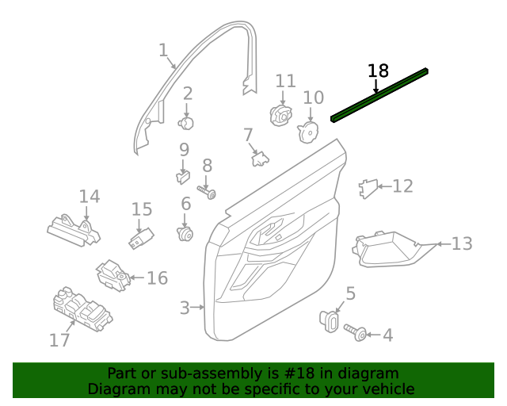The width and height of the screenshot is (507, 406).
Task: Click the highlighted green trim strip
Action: (x=379, y=95)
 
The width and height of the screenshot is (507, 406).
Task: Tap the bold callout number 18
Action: (x=378, y=71)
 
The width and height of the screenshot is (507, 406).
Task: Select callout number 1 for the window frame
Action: (x=164, y=51)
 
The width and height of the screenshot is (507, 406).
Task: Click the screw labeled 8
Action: (x=207, y=192)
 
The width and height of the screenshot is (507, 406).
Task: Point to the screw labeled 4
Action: (x=355, y=332)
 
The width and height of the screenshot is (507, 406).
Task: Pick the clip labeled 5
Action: (x=330, y=320)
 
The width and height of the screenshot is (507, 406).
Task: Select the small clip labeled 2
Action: (x=186, y=124)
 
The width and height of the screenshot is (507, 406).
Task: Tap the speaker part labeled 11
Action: (x=281, y=115)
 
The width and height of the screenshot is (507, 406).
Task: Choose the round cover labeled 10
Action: (x=308, y=132)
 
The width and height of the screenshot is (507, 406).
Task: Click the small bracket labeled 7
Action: (x=260, y=159)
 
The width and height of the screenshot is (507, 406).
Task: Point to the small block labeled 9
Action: (x=183, y=178)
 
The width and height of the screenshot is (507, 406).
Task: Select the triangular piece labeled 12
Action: (x=368, y=189)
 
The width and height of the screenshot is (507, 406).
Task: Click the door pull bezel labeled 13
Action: (x=392, y=249)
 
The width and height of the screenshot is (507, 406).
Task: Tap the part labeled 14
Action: (x=74, y=231)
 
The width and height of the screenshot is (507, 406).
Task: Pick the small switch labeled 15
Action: (x=141, y=239)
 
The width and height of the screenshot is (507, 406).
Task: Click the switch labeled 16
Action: (x=112, y=275)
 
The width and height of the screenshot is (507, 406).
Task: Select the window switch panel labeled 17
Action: (x=82, y=309)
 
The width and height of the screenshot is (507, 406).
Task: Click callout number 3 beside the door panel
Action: (x=185, y=308)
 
